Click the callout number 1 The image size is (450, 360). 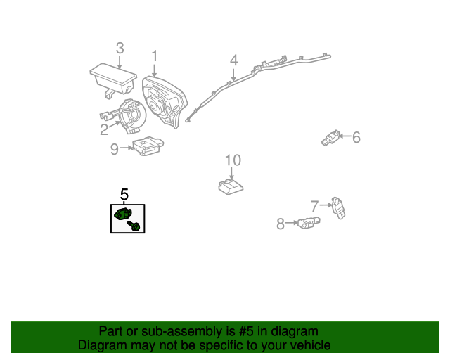[x=155, y=56]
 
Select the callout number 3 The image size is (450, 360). [x=120, y=48]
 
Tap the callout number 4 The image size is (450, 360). [x=233, y=60]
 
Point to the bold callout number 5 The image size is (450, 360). [x=124, y=194]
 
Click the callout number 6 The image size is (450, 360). [x=356, y=137]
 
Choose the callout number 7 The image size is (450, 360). [x=315, y=205]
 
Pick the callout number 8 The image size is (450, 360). [x=281, y=224]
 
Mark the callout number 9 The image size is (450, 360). [x=115, y=148]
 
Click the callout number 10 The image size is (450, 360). [x=233, y=160]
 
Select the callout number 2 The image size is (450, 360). [x=104, y=129]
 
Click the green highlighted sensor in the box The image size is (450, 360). [x=122, y=214]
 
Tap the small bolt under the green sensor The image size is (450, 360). [x=135, y=226]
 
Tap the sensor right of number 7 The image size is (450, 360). [x=341, y=207]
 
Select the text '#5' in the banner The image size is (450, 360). [x=241, y=331]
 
